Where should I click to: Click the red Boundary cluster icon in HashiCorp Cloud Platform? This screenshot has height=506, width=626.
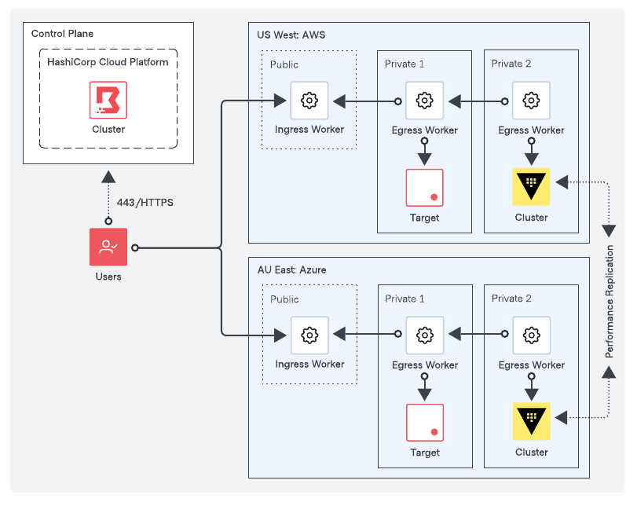pyautogui.click(x=108, y=100)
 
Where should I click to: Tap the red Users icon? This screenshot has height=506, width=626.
pyautogui.click(x=108, y=247)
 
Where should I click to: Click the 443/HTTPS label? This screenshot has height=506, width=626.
pyautogui.click(x=145, y=203)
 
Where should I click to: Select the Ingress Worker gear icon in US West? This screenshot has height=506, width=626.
pyautogui.click(x=309, y=101)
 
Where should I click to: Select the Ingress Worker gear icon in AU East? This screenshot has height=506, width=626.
pyautogui.click(x=309, y=335)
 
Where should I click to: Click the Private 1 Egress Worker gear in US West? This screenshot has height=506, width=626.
pyautogui.click(x=424, y=101)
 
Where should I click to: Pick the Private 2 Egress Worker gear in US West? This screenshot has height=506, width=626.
pyautogui.click(x=531, y=101)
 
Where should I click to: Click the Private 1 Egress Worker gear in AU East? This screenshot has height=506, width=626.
pyautogui.click(x=424, y=335)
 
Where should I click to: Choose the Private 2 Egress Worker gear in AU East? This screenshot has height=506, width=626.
pyautogui.click(x=531, y=335)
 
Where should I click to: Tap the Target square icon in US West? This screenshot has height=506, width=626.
pyautogui.click(x=424, y=188)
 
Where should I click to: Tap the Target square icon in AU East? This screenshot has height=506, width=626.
pyautogui.click(x=424, y=423)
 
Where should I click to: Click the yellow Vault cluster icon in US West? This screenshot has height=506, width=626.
pyautogui.click(x=531, y=187)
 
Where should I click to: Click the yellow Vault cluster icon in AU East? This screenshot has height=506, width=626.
pyautogui.click(x=531, y=422)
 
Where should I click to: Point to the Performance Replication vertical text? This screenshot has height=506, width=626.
pyautogui.click(x=610, y=302)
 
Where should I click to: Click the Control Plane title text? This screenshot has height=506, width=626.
pyautogui.click(x=62, y=34)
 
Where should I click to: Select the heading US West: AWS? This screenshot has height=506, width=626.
pyautogui.click(x=291, y=35)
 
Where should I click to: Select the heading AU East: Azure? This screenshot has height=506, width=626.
pyautogui.click(x=291, y=269)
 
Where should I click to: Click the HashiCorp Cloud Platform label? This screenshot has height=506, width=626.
pyautogui.click(x=108, y=62)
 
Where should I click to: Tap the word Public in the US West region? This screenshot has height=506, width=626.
pyautogui.click(x=284, y=64)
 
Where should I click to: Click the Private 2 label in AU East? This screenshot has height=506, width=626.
pyautogui.click(x=511, y=299)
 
